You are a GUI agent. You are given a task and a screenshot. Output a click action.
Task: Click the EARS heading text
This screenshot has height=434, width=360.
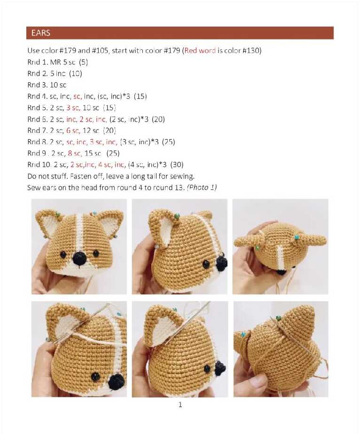[41, 33]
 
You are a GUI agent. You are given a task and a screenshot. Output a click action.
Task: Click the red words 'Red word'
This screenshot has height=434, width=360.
[200, 50]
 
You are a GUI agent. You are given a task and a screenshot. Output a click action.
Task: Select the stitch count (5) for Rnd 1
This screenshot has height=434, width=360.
[83, 62]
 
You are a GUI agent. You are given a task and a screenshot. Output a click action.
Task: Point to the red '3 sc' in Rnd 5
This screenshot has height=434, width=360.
[73, 108]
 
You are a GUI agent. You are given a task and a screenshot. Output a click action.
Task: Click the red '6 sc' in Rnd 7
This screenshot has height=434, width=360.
[73, 131]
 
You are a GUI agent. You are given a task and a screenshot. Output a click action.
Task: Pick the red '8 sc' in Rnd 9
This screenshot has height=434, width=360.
[74, 153]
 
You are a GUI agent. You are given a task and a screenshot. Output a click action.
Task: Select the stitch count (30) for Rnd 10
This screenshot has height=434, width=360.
[177, 165]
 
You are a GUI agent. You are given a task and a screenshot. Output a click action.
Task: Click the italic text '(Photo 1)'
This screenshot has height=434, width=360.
[202, 187]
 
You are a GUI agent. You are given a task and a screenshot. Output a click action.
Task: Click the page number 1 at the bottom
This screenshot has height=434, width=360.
[180, 405]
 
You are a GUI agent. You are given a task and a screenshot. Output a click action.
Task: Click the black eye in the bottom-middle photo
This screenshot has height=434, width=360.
[207, 368]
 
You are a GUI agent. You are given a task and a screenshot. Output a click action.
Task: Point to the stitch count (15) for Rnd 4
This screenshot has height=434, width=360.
[141, 96]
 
